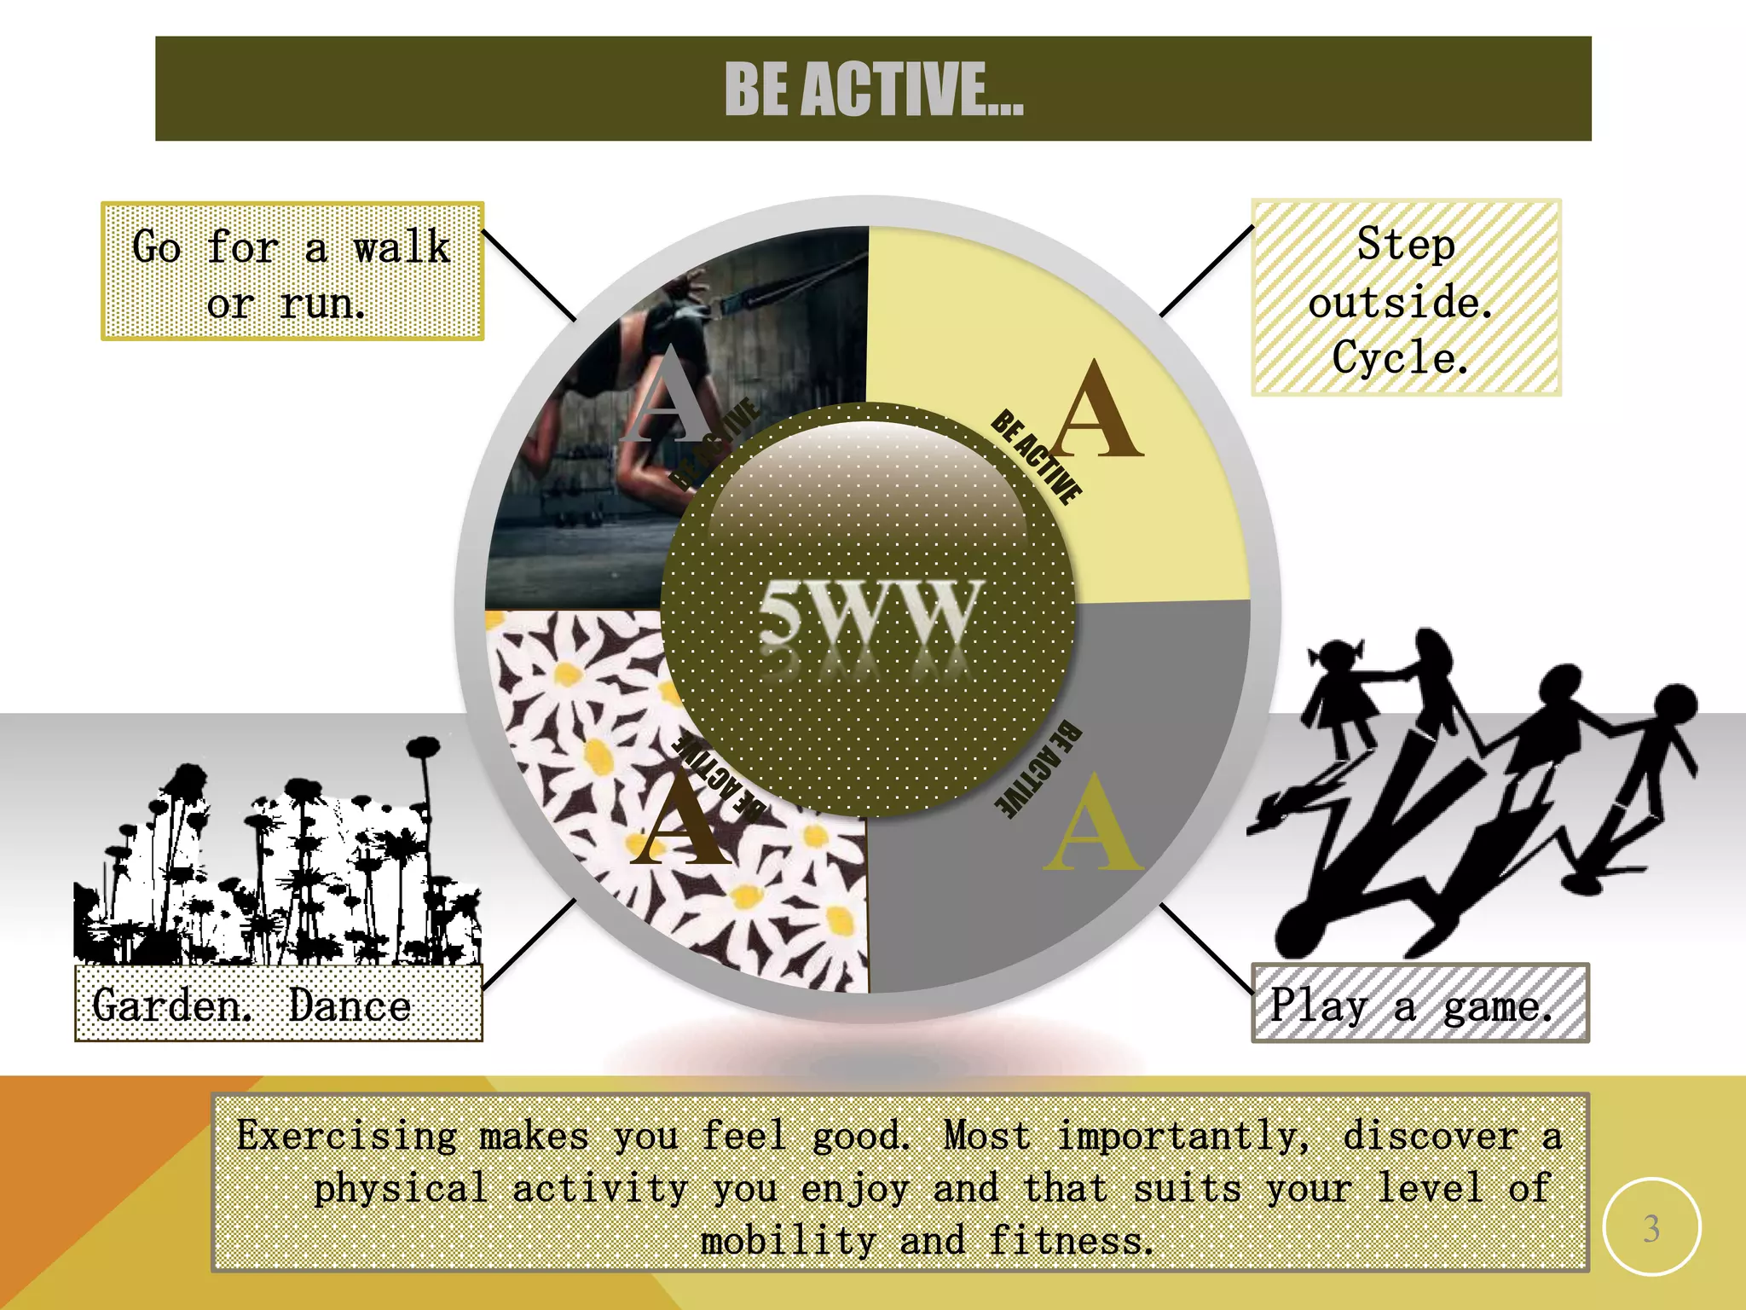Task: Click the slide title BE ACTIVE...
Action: click(873, 89)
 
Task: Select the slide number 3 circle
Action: click(1651, 1226)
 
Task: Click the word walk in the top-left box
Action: click(402, 248)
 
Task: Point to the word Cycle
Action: click(1401, 356)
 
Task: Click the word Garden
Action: click(171, 1005)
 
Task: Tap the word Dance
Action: click(350, 1005)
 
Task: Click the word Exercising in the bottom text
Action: click(347, 1136)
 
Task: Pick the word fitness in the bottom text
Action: click(1071, 1241)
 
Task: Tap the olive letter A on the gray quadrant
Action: click(1094, 823)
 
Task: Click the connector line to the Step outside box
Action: click(1206, 270)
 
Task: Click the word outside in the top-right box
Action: click(1401, 303)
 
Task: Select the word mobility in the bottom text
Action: click(789, 1241)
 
